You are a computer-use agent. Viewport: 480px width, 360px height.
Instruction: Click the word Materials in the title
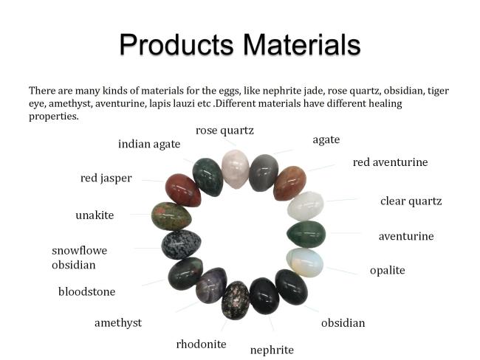302,45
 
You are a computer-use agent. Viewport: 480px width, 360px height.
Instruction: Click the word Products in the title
176,45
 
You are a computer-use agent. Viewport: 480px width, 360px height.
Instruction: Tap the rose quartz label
224,131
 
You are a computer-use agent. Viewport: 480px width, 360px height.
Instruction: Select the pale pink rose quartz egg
235,169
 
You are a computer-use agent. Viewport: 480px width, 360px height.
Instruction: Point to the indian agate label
149,144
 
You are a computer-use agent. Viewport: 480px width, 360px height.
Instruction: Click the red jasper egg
183,190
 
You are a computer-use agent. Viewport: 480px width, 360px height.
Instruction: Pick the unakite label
95,215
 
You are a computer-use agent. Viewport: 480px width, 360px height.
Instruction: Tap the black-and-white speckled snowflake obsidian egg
181,244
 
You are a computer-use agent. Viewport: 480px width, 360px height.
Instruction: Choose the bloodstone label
87,291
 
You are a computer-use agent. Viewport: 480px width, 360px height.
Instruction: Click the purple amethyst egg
211,285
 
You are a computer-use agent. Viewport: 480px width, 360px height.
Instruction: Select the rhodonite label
201,344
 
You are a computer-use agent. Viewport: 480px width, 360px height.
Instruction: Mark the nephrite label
272,350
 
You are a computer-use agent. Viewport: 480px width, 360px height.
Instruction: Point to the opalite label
387,270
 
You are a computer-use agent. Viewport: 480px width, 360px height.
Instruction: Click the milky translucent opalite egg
305,262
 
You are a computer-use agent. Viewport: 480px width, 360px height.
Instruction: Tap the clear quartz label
411,201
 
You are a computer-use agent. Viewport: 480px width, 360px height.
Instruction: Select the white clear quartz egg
306,206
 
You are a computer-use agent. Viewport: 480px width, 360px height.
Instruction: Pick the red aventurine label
391,162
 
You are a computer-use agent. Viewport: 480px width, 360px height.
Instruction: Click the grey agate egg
264,173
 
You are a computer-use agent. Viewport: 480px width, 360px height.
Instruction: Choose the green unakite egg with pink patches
171,216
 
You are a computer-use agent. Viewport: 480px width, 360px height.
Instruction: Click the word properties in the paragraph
54,117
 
